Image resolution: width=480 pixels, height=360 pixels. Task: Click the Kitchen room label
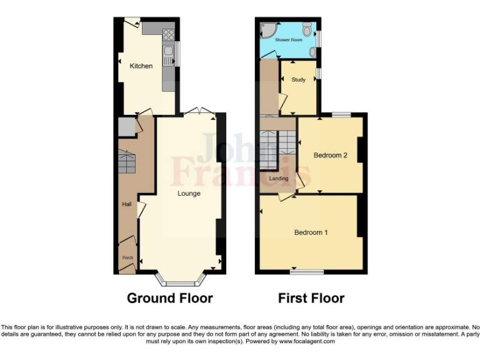pos(141,66)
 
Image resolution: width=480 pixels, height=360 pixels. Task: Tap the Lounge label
pos(189,194)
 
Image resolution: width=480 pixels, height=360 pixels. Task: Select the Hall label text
pos(126,204)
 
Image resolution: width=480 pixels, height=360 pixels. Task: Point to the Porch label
pos(127,257)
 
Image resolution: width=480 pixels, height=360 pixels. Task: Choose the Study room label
pos(298,79)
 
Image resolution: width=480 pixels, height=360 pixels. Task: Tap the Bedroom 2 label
pos(330,155)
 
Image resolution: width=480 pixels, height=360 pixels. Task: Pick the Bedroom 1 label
pos(311,232)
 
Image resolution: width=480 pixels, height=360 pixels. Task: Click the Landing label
pos(279,179)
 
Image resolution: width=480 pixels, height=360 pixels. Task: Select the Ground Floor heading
pos(169,298)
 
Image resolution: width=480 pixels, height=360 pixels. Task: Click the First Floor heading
pos(311,298)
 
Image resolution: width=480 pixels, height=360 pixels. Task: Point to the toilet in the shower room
pos(307,29)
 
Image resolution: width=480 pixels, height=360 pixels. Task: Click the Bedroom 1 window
pos(307,272)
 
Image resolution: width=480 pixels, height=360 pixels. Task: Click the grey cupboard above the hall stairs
pos(126,127)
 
